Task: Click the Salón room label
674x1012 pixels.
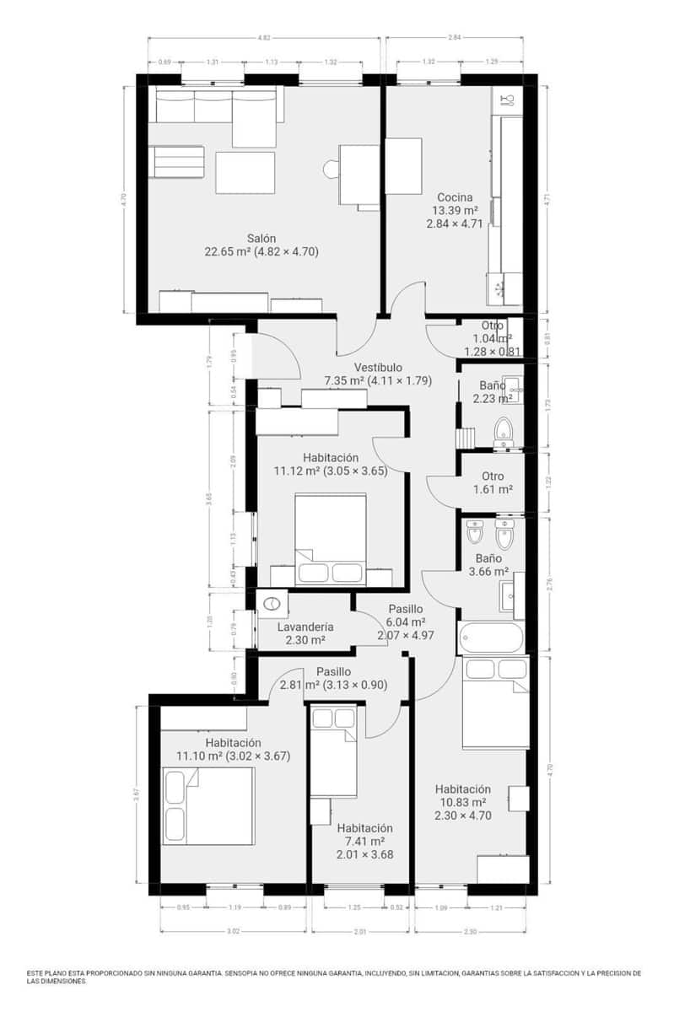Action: pyautogui.click(x=261, y=238)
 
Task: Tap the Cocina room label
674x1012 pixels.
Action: pyautogui.click(x=455, y=197)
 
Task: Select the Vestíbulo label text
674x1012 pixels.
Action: pyautogui.click(x=377, y=368)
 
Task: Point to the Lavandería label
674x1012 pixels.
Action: pyautogui.click(x=305, y=627)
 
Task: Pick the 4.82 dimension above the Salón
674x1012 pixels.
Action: pyautogui.click(x=264, y=38)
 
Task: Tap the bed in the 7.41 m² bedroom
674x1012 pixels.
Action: pyautogui.click(x=334, y=751)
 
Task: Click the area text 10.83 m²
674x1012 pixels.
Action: pyautogui.click(x=462, y=802)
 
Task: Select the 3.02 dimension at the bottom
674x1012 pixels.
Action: pyautogui.click(x=233, y=931)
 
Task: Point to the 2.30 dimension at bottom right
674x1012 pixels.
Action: pyautogui.click(x=470, y=931)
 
